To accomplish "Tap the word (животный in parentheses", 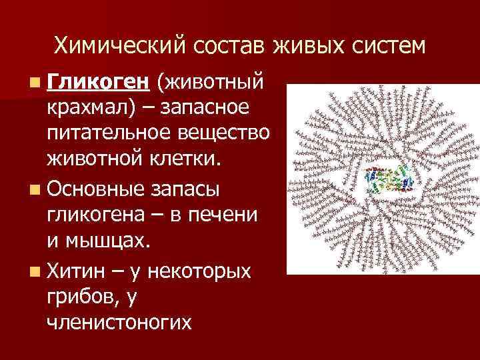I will click(211, 83).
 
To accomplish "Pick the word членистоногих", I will click(120, 322).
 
